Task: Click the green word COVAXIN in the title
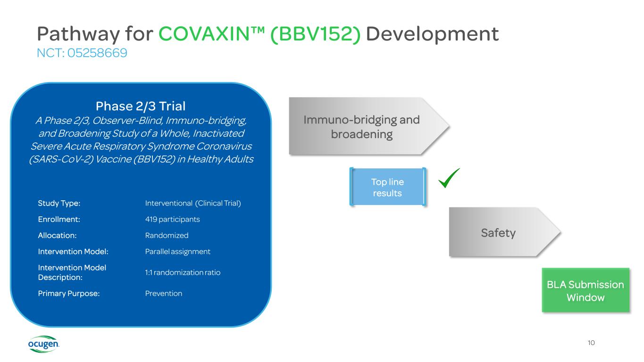click(x=209, y=34)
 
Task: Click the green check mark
click(x=449, y=179)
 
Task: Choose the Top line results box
click(x=387, y=187)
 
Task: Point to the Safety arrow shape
click(x=500, y=232)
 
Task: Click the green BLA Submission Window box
click(x=585, y=291)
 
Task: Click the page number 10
click(x=591, y=343)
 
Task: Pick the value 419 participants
click(x=173, y=219)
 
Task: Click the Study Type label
click(x=59, y=203)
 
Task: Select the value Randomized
click(x=167, y=235)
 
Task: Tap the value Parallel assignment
click(x=177, y=251)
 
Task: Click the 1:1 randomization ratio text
click(x=183, y=272)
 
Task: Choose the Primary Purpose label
click(x=69, y=293)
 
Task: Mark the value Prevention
click(x=164, y=293)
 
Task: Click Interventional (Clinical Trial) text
click(x=193, y=203)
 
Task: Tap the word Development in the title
click(x=432, y=34)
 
